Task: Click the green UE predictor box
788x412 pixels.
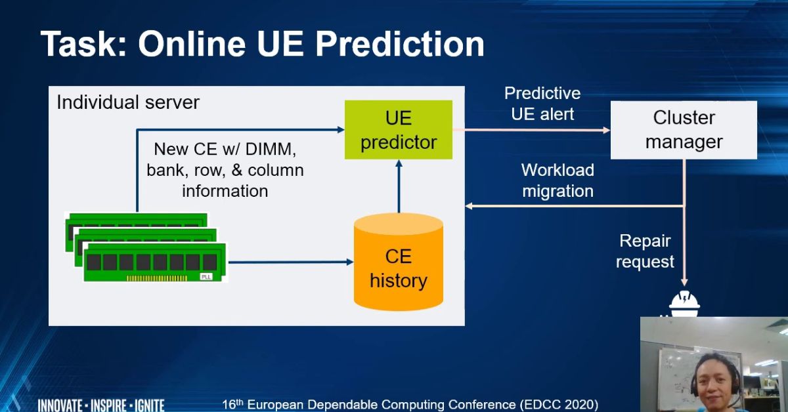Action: tap(398, 130)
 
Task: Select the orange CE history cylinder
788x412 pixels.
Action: tap(398, 262)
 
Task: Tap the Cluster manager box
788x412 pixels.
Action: tap(684, 130)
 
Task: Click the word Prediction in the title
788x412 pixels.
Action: tap(400, 45)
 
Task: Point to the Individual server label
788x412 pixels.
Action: tap(128, 102)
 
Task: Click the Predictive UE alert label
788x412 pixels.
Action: tap(542, 104)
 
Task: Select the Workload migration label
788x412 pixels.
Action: tap(558, 180)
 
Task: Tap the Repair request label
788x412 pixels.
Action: tap(645, 251)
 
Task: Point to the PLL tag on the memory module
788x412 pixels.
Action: tap(206, 277)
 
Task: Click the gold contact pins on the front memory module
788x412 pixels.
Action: tap(157, 278)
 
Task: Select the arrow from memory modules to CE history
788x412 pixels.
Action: tap(291, 262)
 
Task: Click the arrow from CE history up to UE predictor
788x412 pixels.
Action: tap(399, 186)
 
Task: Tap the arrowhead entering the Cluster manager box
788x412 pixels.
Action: tap(607, 130)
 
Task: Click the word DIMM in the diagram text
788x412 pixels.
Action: tap(271, 149)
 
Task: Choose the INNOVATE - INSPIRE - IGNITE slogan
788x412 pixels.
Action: tap(101, 405)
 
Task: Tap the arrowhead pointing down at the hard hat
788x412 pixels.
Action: tap(684, 282)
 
